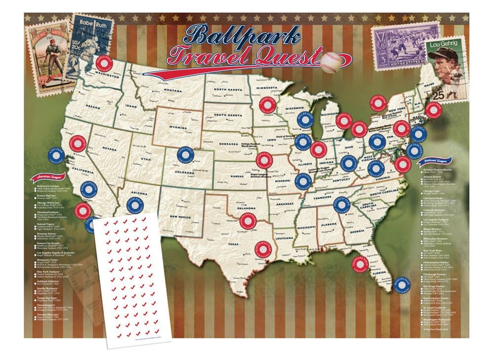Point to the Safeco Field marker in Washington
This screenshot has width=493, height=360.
pos(104,65)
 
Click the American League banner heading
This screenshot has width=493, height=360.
pos(45,179)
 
